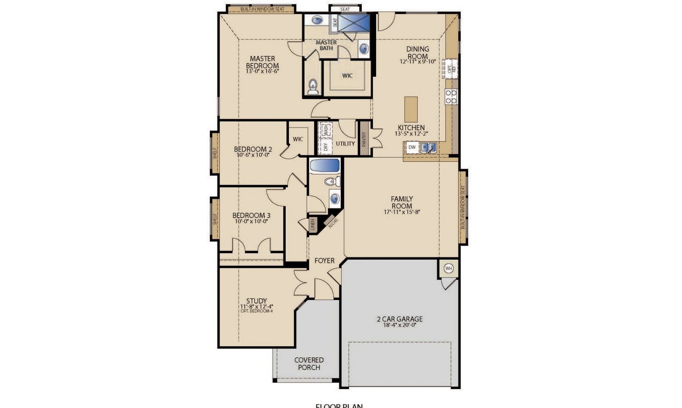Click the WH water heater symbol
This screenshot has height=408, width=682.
click(x=448, y=269)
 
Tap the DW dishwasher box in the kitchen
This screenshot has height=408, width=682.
click(x=412, y=147)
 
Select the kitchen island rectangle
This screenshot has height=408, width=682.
click(x=411, y=109)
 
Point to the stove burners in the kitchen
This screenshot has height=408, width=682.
click(x=451, y=96)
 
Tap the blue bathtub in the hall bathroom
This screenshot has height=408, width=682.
click(x=325, y=165)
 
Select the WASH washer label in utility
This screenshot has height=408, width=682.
click(x=326, y=130)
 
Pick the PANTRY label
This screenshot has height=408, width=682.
click(x=364, y=139)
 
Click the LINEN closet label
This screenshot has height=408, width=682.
click(x=312, y=225)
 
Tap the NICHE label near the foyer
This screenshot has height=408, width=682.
click(x=333, y=223)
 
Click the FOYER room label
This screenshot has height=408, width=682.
click(x=324, y=261)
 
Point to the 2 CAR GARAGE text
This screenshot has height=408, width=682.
click(x=400, y=319)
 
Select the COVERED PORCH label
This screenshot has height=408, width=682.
click(x=309, y=363)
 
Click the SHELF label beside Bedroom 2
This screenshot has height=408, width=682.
click(x=215, y=153)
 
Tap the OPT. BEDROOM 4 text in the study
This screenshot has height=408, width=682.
click(x=256, y=311)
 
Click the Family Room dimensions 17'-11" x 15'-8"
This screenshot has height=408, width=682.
click(x=402, y=212)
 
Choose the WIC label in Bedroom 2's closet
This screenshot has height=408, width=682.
click(x=298, y=139)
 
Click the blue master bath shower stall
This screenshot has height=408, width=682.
click(x=353, y=23)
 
